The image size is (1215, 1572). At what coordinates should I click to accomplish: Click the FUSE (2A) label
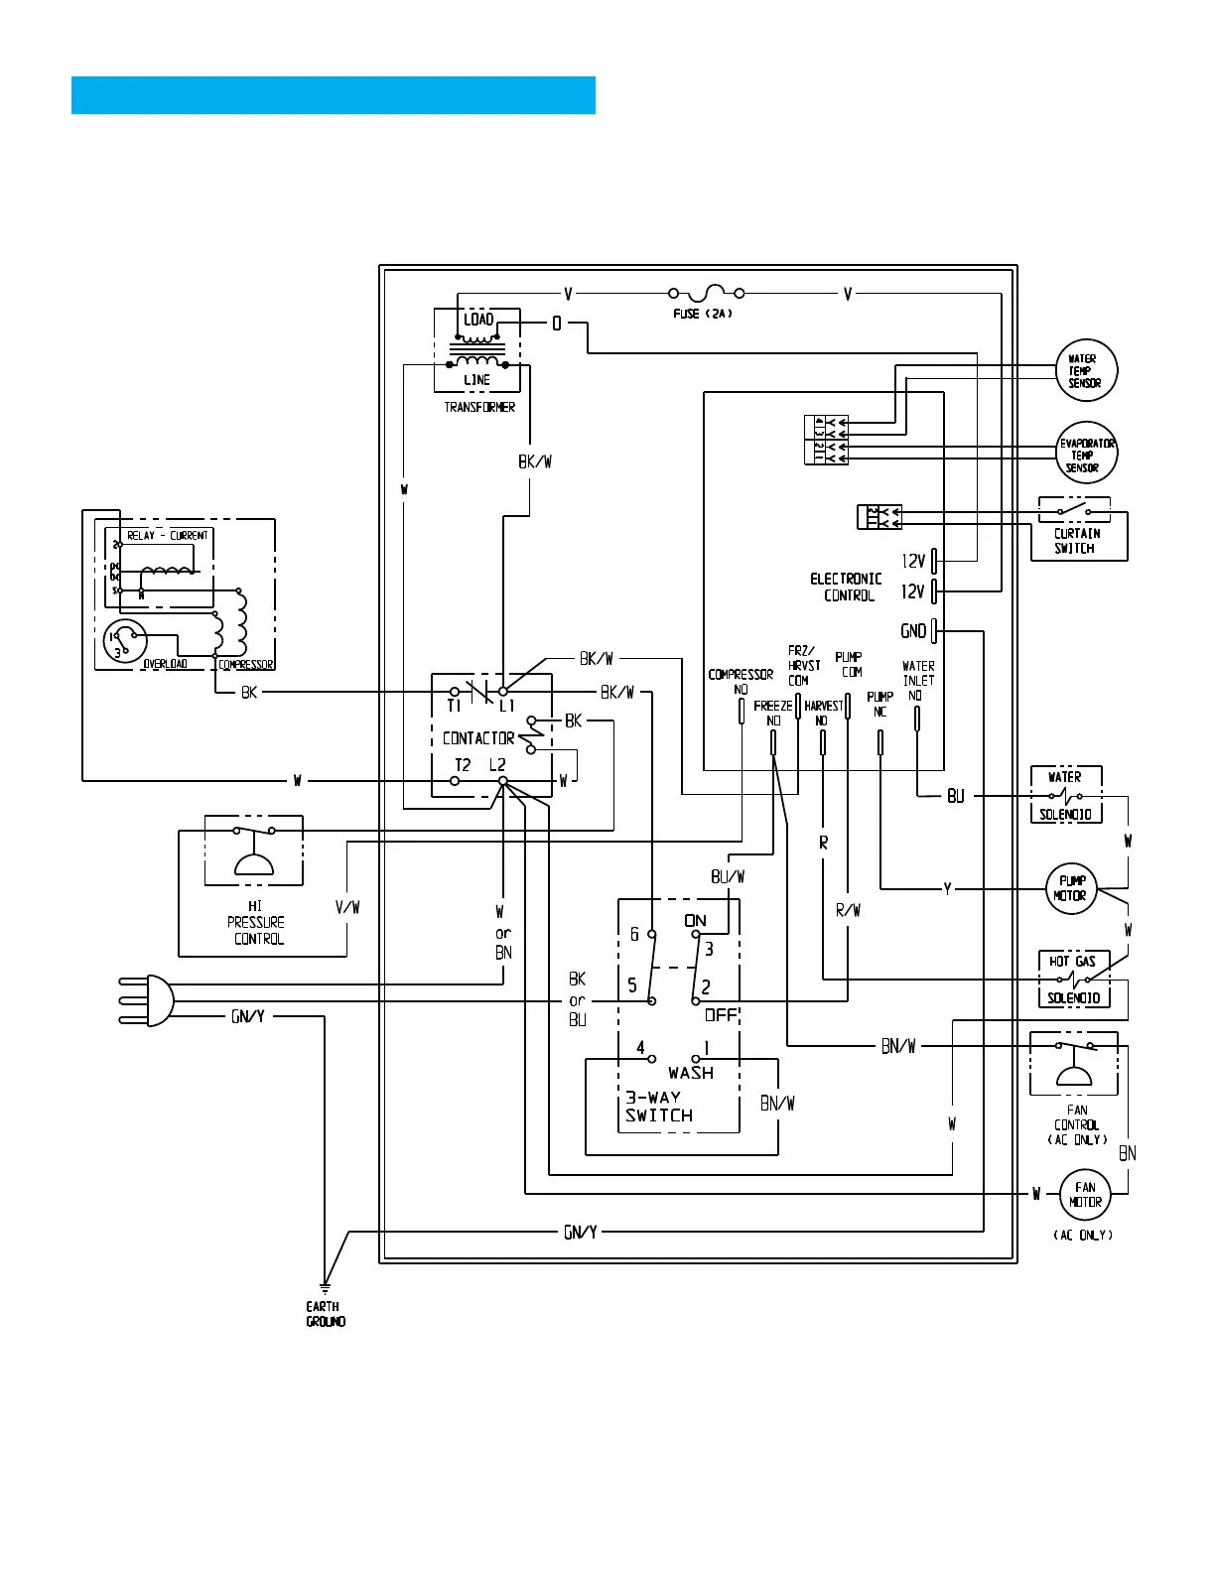coord(703,314)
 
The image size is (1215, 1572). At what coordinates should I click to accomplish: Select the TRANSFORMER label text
coord(479,407)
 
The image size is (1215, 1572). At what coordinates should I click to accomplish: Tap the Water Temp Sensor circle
coord(1087,370)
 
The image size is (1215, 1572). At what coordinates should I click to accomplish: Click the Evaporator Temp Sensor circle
coord(1087,454)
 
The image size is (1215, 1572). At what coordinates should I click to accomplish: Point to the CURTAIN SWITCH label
coord(1077,541)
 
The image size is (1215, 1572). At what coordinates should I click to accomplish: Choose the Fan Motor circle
coord(1085,1194)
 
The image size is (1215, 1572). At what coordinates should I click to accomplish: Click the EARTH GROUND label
coord(325,1314)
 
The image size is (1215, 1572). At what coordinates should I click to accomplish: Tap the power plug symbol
coord(149,999)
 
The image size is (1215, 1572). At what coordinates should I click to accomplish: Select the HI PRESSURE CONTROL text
coord(257,922)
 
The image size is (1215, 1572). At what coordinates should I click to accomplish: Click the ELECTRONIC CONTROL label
coord(847,587)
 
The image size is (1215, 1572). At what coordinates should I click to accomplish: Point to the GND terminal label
coord(913,631)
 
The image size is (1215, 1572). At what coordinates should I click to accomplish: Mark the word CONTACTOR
coord(478,738)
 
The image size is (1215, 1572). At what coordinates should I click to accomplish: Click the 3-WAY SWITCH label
coord(659,1107)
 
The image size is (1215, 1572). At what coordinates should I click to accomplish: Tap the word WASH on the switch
coord(691,1073)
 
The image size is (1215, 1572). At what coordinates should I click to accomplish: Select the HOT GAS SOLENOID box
coord(1074,980)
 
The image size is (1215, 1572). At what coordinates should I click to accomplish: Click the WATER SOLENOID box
coord(1066,795)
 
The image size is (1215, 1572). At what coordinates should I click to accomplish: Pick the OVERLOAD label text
coord(165,663)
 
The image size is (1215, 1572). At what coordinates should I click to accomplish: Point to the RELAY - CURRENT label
coord(168,535)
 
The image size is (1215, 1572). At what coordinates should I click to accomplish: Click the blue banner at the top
coord(334,95)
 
